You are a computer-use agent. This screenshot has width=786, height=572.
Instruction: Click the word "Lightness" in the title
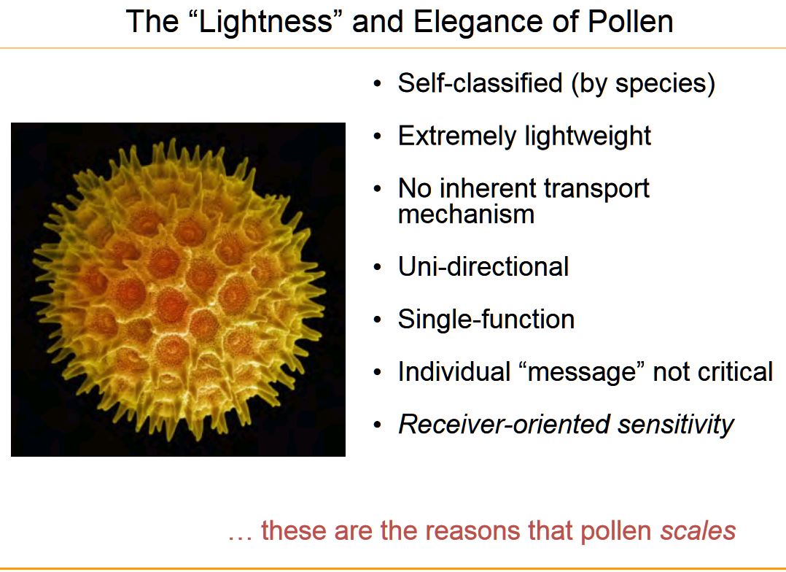tap(265, 23)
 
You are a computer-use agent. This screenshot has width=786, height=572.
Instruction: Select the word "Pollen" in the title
tap(631, 22)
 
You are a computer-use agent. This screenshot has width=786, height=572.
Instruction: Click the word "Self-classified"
tap(480, 82)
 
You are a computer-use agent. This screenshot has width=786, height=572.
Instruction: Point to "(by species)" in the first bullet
tap(643, 84)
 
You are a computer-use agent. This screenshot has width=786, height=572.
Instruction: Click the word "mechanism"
tap(466, 214)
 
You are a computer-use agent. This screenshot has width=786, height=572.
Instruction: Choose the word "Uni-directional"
tap(483, 266)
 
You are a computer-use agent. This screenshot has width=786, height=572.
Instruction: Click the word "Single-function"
tap(486, 319)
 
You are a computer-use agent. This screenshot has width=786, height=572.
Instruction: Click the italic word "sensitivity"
tap(676, 425)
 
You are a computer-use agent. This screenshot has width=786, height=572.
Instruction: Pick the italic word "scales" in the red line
tap(699, 530)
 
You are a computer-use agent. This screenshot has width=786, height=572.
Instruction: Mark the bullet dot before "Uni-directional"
tap(378, 267)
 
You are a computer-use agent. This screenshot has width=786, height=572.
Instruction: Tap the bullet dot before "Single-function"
tap(378, 320)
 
